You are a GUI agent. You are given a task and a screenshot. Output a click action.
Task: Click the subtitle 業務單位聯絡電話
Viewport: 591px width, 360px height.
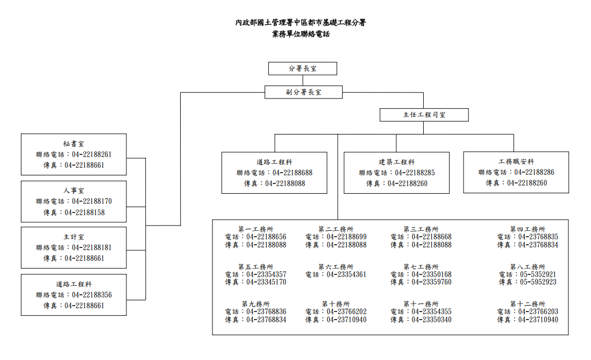301,34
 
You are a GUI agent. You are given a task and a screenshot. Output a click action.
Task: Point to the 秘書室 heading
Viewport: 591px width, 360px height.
74,144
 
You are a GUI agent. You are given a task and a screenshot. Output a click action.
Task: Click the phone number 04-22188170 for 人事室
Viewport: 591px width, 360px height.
92,201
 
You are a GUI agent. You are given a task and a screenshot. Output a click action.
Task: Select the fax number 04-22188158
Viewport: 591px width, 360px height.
85,213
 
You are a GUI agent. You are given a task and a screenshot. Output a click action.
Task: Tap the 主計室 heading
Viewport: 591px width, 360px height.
74,237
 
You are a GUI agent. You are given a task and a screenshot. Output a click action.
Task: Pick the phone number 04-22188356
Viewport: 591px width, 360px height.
92,295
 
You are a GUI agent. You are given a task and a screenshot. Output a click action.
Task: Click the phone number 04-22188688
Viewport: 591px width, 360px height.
293,172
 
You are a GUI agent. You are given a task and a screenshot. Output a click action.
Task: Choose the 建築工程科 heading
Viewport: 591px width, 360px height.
396,162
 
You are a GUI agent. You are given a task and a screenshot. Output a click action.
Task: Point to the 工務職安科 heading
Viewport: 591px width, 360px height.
516,161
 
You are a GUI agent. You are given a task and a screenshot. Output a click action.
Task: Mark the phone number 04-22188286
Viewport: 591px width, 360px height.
535,172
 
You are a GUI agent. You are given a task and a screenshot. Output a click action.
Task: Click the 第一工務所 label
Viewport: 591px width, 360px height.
255,229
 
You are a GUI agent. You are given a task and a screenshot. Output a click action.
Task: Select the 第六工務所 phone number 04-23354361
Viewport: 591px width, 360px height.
346,274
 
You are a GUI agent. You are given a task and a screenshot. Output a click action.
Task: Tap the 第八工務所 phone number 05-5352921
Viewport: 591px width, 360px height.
538,274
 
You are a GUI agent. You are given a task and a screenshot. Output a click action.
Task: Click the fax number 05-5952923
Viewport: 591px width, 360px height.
538,282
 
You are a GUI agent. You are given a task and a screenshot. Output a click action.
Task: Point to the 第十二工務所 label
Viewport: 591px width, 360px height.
528,304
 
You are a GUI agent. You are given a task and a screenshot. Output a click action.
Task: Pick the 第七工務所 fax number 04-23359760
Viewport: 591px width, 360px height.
432,282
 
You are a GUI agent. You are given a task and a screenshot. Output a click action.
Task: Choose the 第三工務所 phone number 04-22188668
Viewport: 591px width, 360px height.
432,237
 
